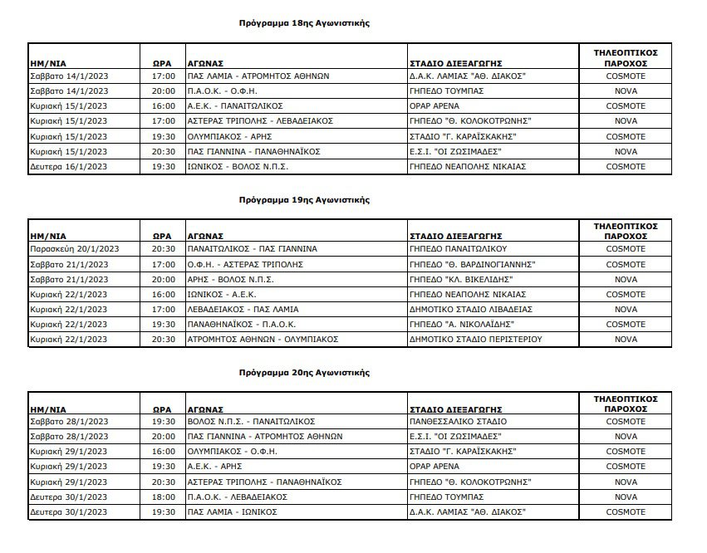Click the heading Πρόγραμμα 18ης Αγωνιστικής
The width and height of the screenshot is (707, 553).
303,23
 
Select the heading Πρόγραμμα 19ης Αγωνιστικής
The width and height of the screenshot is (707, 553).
303,200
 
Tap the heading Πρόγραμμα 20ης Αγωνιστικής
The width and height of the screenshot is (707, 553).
303,374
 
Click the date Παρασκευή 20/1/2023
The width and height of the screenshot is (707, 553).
75,248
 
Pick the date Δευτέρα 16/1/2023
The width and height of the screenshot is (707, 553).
69,167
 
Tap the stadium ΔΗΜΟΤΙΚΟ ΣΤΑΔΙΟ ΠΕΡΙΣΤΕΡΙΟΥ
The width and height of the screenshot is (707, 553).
476,340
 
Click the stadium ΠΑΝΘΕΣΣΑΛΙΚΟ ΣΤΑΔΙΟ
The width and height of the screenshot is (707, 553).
459,421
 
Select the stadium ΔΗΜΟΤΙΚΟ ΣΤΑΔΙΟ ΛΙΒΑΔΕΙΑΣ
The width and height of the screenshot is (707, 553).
471,309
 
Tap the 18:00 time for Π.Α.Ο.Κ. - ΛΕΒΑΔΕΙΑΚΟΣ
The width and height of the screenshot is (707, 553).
164,497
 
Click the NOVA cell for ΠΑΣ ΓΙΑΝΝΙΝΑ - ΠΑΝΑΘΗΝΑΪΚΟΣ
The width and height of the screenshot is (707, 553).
626,152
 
